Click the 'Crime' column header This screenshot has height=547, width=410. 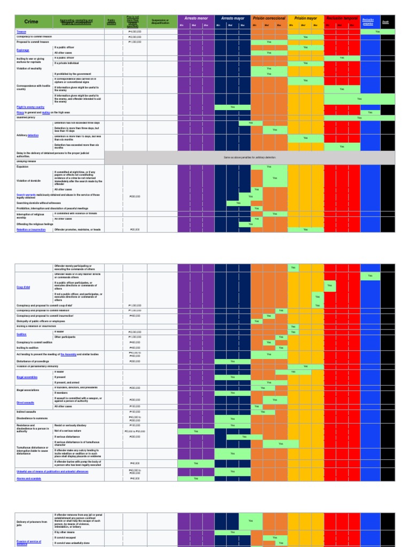click(31, 22)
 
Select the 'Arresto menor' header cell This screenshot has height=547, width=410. click(195, 18)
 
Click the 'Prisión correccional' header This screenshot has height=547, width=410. click(269, 18)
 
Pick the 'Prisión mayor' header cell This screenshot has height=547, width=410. click(305, 18)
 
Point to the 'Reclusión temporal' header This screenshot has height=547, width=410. click(342, 18)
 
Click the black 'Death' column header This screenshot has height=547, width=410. click(385, 22)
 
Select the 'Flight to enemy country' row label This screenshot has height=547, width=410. click(30, 107)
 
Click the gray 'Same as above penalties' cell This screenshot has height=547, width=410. click(250, 158)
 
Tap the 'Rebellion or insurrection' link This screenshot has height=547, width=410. click(31, 230)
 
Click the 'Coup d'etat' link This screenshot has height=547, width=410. click(23, 287)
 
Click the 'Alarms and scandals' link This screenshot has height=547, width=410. click(29, 479)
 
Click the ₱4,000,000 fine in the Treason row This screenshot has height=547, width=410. click(135, 32)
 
